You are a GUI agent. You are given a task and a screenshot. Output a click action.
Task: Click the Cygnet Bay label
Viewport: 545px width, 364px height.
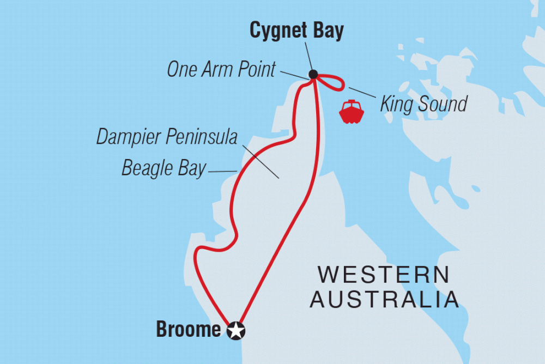pyautogui.click(x=296, y=31)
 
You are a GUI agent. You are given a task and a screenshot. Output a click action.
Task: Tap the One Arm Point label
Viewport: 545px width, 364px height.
pyautogui.click(x=221, y=70)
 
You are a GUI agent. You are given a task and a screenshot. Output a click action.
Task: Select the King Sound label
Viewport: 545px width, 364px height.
pyautogui.click(x=423, y=103)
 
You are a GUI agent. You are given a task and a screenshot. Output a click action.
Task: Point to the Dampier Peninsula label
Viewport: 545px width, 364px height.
pyautogui.click(x=167, y=137)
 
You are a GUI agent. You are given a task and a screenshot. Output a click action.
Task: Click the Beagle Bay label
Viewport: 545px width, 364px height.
pyautogui.click(x=164, y=168)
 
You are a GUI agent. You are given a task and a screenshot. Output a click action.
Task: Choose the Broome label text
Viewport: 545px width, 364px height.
pyautogui.click(x=189, y=330)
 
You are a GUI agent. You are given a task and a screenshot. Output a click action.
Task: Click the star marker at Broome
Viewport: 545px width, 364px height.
pyautogui.click(x=236, y=330)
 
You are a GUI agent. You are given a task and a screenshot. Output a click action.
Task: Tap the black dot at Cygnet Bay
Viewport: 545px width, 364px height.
pyautogui.click(x=313, y=74)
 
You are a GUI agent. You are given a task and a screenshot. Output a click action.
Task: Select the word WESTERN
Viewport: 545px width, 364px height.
pyautogui.click(x=384, y=275)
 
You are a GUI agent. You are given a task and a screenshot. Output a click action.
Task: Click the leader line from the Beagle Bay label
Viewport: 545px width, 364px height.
pyautogui.click(x=223, y=172)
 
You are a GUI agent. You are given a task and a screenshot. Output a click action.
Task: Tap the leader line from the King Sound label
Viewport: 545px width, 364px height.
pyautogui.click(x=361, y=93)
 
